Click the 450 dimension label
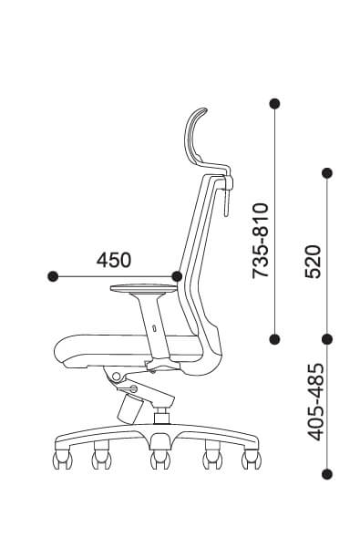point(114,260)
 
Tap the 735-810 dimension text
point(260,241)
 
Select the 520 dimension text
point(313,261)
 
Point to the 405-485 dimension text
point(316,402)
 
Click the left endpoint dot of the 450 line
point(53,276)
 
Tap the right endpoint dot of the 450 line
point(177,276)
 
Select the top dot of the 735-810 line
point(274,104)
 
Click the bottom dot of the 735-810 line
point(274,339)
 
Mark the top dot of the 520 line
point(327,173)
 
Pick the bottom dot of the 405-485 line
point(327,474)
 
